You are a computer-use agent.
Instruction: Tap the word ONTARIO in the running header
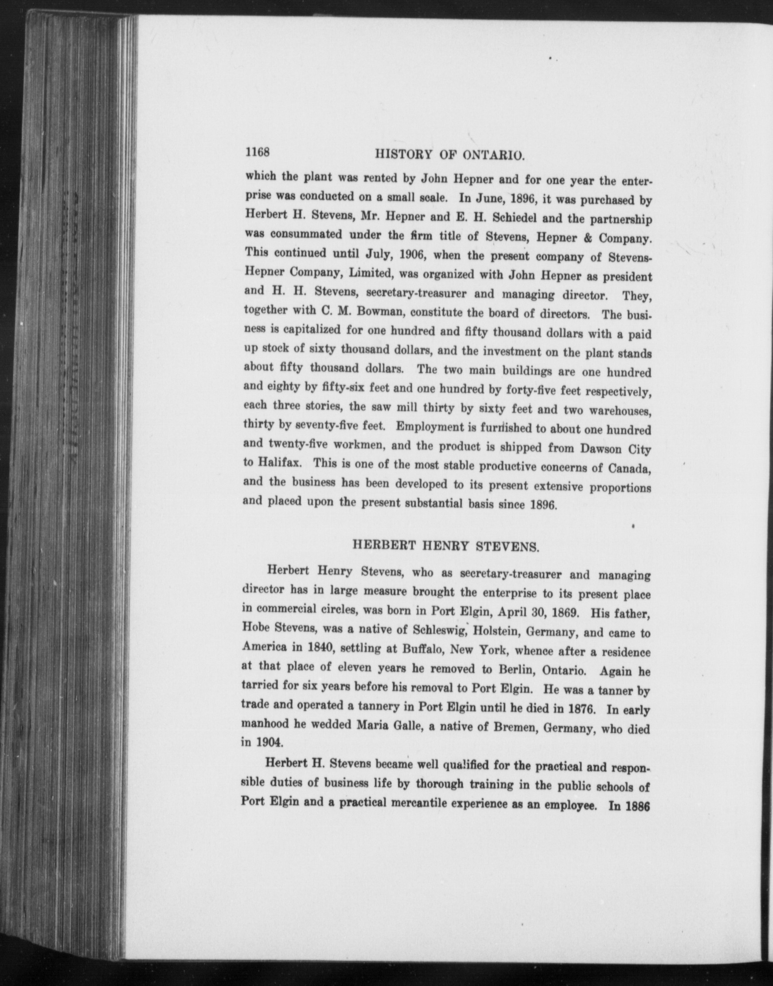493,156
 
